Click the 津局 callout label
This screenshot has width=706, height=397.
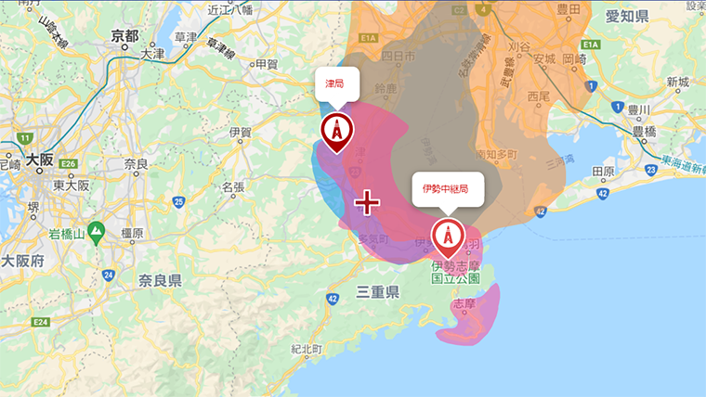[x=334, y=84]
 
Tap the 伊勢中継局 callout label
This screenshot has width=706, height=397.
[x=448, y=188]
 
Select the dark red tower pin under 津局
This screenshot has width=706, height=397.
[x=336, y=132]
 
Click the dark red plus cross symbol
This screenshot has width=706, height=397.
[x=368, y=202]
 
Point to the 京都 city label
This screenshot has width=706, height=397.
[x=124, y=36]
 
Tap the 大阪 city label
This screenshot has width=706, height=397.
[x=40, y=159]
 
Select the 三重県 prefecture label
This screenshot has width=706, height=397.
[x=377, y=293]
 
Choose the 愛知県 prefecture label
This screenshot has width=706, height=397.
[x=628, y=18]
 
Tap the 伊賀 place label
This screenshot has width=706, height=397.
[x=240, y=133]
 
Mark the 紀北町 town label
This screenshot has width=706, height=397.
[x=306, y=350]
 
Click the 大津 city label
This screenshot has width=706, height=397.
[x=152, y=55]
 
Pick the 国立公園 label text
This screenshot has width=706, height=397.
[x=455, y=277]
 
